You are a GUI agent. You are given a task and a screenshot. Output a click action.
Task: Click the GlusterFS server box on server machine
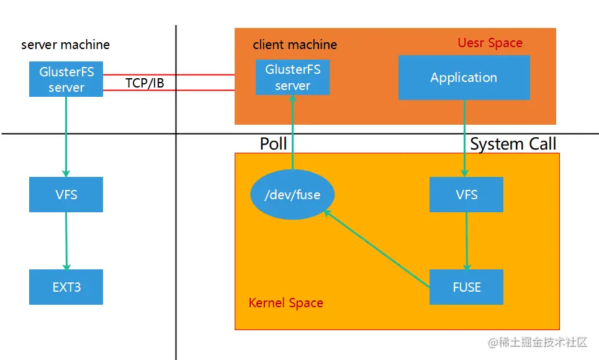coord(66,79)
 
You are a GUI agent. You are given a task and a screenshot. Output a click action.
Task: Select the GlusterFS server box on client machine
coord(292,78)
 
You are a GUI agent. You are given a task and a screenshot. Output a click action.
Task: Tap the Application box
coord(464,78)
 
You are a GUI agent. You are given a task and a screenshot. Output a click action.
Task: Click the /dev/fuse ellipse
coord(292,195)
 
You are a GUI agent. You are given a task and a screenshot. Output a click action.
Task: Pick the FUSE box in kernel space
coord(466,287)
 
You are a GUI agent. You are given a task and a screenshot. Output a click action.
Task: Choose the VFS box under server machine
coord(66,194)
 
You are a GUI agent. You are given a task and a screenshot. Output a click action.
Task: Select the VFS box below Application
coord(466,194)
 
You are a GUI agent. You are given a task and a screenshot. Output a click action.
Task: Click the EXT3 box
coord(66,287)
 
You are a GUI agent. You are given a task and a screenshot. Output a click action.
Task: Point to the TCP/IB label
coord(145,83)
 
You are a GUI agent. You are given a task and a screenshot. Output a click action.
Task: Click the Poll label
coord(273,144)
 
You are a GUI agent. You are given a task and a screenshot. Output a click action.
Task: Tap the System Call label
coord(513,144)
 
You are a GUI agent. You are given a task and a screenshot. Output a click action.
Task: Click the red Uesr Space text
coord(490,43)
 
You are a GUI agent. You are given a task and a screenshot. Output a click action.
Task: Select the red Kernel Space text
coord(286,303)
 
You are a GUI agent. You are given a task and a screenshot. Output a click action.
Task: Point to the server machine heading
coord(65,45)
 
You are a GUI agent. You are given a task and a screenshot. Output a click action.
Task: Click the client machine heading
coord(295,45)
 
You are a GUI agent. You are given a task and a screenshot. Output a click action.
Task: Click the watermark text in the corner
coord(537,342)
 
